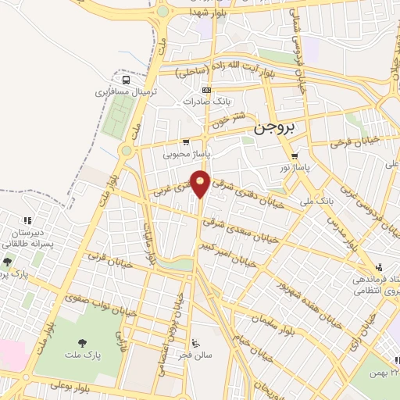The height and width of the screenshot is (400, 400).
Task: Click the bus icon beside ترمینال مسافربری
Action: coord(126,79)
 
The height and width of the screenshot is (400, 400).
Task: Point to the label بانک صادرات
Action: coord(205,102)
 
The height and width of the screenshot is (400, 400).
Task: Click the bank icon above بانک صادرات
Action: coord(205,90)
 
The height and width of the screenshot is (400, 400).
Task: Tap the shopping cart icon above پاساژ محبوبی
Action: coord(185,142)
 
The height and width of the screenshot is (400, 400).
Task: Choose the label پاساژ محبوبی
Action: coord(184,154)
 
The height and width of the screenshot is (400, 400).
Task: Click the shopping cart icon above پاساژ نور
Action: coord(295,155)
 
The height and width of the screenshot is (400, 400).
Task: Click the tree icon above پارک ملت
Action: coord(82,341)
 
